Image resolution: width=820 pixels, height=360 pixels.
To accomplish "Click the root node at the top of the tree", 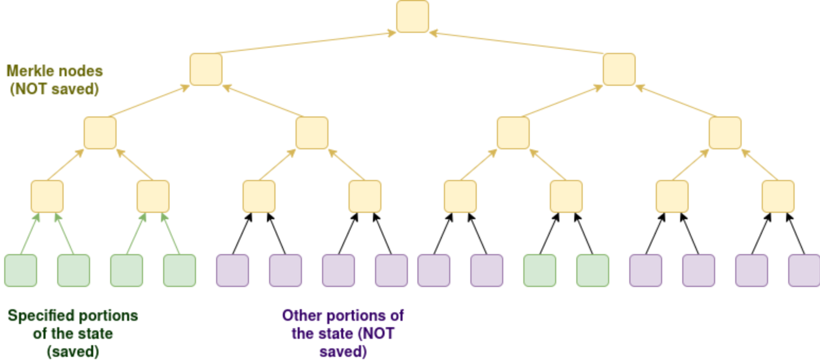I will point(412,16).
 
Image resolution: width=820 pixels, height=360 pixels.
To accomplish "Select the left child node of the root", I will point(206,69).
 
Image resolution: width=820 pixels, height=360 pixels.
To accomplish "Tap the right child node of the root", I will point(619,69).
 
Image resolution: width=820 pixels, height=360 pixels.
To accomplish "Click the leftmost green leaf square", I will point(21,271).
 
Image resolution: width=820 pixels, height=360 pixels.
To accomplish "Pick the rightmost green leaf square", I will point(593,271).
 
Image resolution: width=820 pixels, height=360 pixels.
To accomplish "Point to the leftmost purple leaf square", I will point(233,271).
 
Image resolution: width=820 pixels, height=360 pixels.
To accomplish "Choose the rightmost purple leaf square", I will point(804,271).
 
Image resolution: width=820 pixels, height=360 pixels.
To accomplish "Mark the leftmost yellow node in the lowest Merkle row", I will point(47,196).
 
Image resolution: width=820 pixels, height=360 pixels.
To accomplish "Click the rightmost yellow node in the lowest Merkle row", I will point(778,196).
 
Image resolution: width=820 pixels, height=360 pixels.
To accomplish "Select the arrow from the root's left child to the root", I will point(305,43).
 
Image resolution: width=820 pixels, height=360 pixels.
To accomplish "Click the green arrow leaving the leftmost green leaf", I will point(30,234).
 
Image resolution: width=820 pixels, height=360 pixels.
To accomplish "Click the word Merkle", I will point(29,70).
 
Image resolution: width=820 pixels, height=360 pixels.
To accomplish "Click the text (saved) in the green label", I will point(73,351).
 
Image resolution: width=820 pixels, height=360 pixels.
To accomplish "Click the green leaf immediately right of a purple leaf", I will point(540,271).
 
